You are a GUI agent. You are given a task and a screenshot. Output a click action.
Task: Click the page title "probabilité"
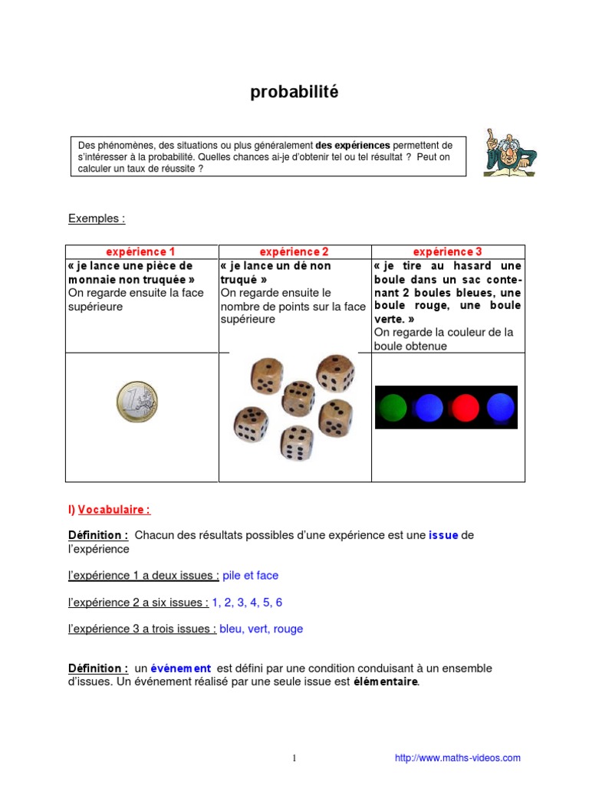294,93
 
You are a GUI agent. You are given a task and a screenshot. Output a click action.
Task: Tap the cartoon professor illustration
509,153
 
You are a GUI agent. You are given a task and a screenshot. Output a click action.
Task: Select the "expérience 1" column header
141,252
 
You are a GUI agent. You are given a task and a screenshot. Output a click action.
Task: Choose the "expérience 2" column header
294,252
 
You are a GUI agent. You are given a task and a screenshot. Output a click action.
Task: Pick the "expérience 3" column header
447,252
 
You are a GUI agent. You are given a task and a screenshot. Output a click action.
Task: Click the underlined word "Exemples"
96,218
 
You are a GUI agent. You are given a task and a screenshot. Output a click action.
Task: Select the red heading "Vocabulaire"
114,509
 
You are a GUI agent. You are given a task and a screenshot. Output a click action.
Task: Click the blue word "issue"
443,535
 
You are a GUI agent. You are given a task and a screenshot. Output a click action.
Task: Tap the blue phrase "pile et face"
251,575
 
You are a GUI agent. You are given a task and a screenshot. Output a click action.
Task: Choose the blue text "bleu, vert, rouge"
261,629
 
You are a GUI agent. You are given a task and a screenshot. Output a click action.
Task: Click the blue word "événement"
180,668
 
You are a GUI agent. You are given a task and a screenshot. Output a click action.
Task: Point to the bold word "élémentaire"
386,682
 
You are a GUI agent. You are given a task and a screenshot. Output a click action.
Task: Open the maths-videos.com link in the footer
457,758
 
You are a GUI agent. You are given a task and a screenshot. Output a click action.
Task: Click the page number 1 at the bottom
294,758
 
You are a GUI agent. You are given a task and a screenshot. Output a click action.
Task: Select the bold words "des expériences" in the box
353,145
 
